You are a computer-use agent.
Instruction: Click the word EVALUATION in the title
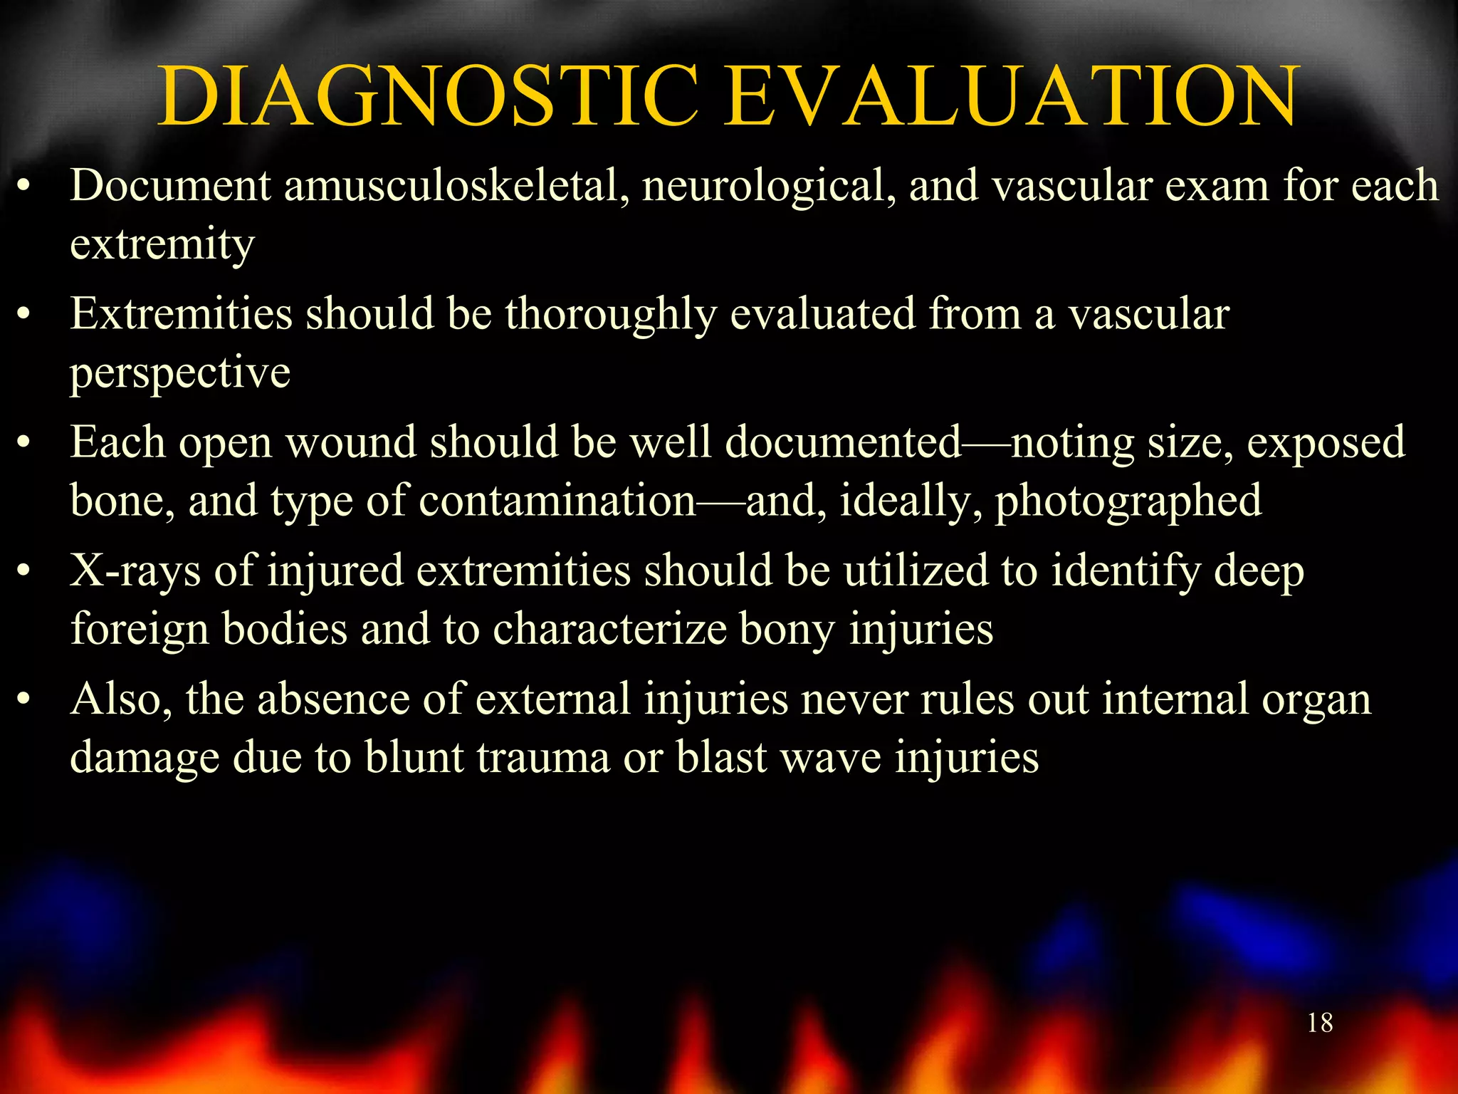click(1011, 97)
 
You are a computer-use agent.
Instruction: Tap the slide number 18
click(1320, 1023)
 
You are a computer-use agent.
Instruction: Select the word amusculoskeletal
click(456, 187)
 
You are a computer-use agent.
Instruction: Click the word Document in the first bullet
click(170, 187)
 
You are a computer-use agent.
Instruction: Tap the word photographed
click(1128, 501)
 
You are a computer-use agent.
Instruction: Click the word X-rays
click(135, 572)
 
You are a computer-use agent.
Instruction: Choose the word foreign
click(140, 630)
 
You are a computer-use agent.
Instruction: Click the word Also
click(121, 699)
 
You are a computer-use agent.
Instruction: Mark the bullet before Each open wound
click(24, 444)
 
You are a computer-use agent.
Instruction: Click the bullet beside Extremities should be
click(24, 315)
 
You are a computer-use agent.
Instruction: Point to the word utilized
click(916, 572)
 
